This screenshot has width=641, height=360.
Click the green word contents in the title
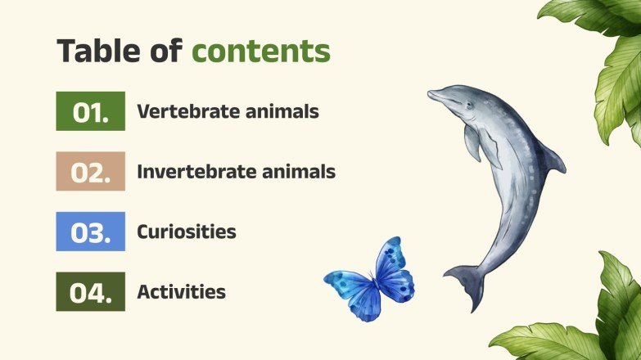(x=261, y=51)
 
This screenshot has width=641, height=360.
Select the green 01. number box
(x=90, y=111)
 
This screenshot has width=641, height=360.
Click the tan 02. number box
(x=90, y=172)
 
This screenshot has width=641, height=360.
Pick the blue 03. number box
(x=90, y=232)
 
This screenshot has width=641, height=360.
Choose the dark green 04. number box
(x=90, y=292)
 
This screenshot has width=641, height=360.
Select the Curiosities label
(x=187, y=232)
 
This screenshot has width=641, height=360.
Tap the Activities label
(x=181, y=291)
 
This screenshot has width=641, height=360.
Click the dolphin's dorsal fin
(x=550, y=158)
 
